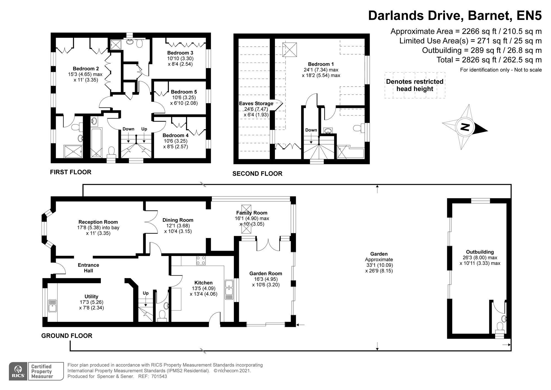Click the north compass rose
tap(465, 127)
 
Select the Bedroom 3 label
tap(180, 53)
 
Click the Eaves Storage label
tap(256, 103)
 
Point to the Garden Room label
tap(266, 273)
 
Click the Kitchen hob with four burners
tap(201, 260)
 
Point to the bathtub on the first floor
tap(96, 143)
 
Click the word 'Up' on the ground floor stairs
tap(145, 293)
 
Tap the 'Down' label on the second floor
tap(311, 130)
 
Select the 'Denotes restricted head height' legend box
tap(415, 85)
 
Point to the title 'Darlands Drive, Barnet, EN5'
tap(455, 15)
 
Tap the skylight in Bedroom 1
tap(290, 50)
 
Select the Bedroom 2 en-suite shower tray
tap(73, 151)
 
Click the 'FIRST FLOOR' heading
tap(71, 172)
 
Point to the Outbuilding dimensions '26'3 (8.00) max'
tap(480, 258)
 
